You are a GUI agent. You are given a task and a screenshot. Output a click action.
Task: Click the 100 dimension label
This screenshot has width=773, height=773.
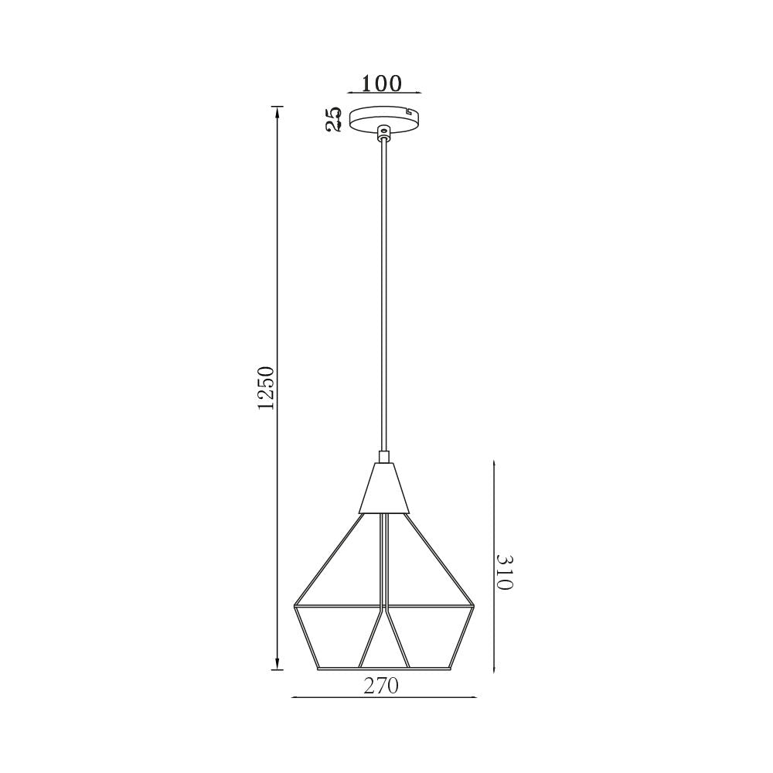point(382,83)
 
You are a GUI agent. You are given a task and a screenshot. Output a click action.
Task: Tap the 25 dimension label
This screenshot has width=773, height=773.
point(334,119)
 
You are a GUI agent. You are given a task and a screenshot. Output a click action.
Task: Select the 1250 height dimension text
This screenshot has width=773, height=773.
point(265,389)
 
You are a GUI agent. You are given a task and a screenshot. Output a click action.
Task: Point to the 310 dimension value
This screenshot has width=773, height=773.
point(505,572)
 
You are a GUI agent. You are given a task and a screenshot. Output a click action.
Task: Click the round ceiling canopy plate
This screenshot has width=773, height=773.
point(384,121)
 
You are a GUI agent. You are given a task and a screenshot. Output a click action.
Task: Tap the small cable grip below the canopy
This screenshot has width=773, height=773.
point(383,133)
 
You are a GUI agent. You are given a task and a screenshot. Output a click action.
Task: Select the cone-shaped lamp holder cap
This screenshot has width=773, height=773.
point(384,488)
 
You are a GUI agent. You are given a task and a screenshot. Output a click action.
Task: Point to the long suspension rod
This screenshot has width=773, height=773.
point(383,296)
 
